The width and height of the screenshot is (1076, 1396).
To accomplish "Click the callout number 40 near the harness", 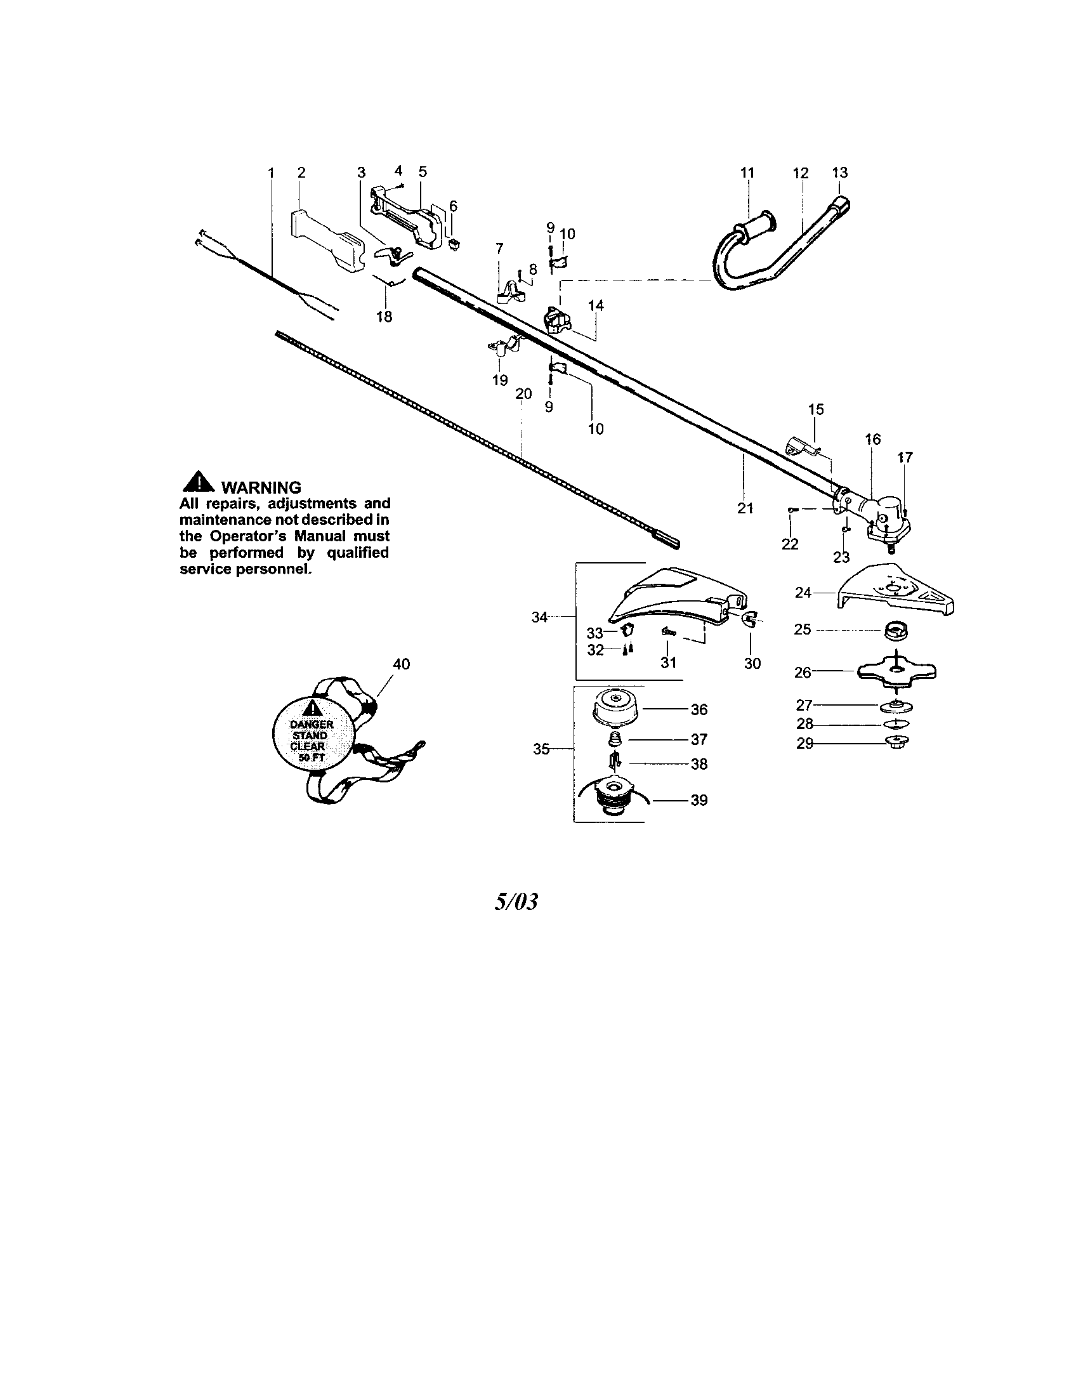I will (x=401, y=664).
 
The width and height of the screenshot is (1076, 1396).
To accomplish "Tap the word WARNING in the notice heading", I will (x=260, y=489).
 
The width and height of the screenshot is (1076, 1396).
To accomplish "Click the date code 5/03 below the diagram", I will (x=516, y=902).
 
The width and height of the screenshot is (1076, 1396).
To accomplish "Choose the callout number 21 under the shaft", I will (x=745, y=508).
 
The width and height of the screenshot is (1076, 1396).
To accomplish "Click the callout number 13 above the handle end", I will (x=839, y=172).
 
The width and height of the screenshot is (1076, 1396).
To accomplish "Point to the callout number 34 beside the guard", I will (x=540, y=617).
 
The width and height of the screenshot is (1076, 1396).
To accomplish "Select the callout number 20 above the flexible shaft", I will (x=523, y=395).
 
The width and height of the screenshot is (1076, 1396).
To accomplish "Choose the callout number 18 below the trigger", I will (x=384, y=317).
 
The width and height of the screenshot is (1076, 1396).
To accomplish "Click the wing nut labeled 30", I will (x=749, y=619).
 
